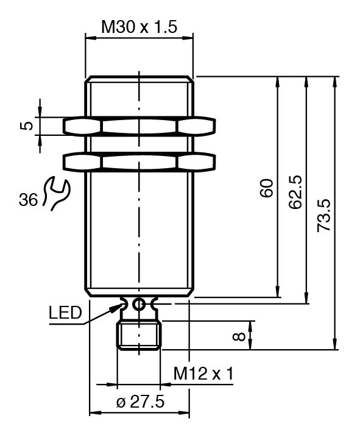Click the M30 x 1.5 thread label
click(x=139, y=27)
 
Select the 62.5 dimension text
click(x=295, y=192)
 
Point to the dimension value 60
click(x=266, y=188)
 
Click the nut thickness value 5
click(x=26, y=126)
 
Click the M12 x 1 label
click(x=203, y=374)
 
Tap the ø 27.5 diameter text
click(x=141, y=402)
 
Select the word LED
click(x=66, y=313)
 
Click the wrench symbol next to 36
click(x=57, y=194)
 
